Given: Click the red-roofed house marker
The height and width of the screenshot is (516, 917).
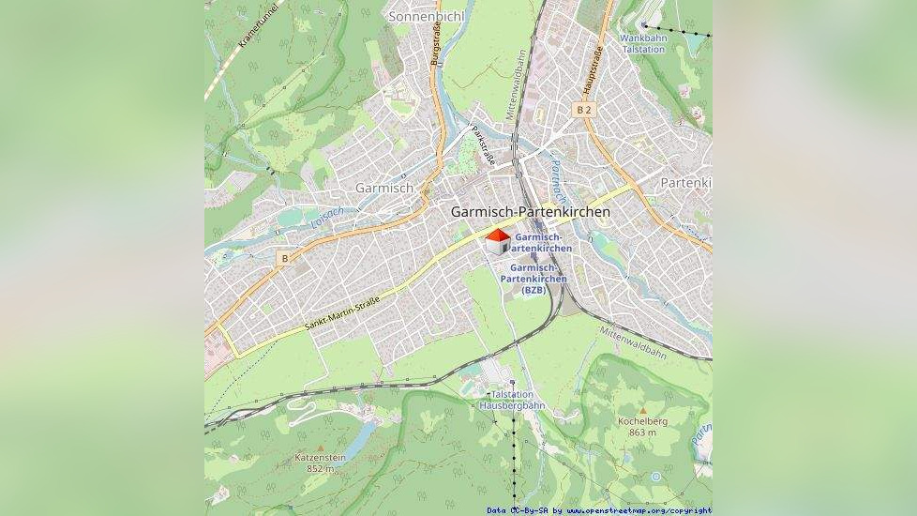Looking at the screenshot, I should (x=498, y=241).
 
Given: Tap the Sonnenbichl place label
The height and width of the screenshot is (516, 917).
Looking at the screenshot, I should (x=426, y=17).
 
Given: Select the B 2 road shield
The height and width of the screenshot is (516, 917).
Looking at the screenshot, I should (x=584, y=110).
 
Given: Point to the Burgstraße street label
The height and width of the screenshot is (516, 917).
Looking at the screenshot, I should (x=435, y=44).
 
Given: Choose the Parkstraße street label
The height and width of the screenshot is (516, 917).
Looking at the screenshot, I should (x=482, y=145).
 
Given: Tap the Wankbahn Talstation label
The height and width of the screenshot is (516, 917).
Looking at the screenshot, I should (x=643, y=43).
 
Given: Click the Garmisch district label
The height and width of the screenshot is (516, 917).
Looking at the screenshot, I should (x=384, y=188).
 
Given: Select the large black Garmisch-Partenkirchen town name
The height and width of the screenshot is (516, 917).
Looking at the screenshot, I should (x=531, y=212).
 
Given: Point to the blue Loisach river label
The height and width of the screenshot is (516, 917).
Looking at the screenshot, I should (x=327, y=218).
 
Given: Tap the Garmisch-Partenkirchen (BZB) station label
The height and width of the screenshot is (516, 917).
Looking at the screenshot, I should (x=534, y=279).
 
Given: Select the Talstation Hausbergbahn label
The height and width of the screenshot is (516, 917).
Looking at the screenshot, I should (x=512, y=401).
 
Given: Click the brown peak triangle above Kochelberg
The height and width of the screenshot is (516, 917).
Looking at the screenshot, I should (x=642, y=411).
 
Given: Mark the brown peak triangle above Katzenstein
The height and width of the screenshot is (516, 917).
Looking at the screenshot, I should (x=321, y=448).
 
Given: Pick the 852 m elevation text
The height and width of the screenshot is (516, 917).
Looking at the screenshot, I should (x=321, y=468).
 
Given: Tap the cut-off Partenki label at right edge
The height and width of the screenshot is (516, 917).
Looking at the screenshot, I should (x=685, y=182).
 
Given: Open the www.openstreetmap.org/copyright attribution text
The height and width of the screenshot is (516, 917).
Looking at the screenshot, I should (x=639, y=511).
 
